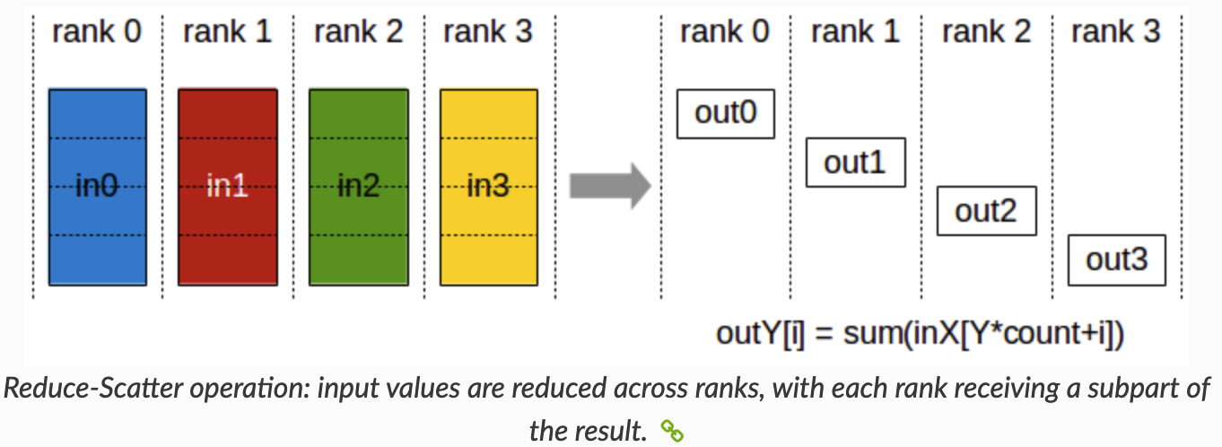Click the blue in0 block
click(97, 187)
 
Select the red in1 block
click(227, 187)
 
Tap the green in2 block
click(358, 187)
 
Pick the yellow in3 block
click(488, 187)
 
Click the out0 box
click(725, 113)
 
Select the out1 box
click(855, 162)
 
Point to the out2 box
click(986, 212)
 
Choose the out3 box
click(1116, 260)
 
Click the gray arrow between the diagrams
click(609, 186)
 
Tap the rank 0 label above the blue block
click(97, 32)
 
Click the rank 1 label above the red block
click(227, 32)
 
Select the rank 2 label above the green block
click(358, 32)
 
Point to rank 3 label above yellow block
click(488, 32)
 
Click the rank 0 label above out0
click(725, 32)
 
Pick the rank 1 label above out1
click(855, 32)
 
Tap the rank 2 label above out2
click(986, 32)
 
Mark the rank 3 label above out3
click(1116, 32)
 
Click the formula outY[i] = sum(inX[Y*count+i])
click(920, 333)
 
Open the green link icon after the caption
click(672, 432)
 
